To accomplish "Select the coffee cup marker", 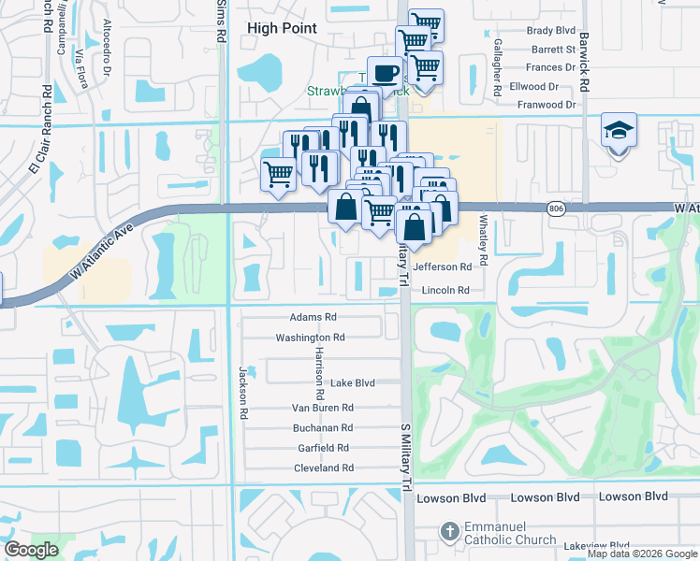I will [x=385, y=72].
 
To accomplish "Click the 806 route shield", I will [x=556, y=209].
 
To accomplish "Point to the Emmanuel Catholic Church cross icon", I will [x=450, y=531].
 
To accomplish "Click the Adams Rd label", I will [x=313, y=318].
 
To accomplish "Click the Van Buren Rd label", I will [x=322, y=408].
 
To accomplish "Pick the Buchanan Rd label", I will [x=322, y=428].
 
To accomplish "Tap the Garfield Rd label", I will [x=322, y=448].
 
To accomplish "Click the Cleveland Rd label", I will [x=323, y=467].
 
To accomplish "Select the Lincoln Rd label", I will [x=445, y=291].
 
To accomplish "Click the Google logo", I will [x=32, y=550].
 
